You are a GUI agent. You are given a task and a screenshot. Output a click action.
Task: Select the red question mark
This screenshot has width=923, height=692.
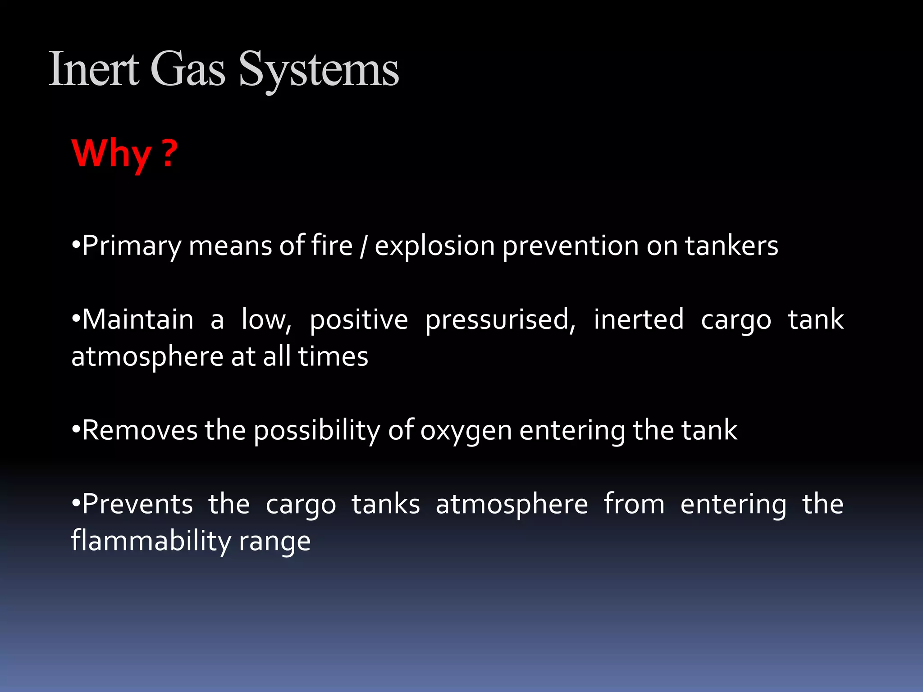click(169, 153)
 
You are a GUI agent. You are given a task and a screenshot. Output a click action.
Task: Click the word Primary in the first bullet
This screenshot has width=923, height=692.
click(131, 246)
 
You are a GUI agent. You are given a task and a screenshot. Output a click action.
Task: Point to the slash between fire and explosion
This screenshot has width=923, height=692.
click(363, 246)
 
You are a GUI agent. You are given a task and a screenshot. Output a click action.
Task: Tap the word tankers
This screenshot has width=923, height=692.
click(731, 246)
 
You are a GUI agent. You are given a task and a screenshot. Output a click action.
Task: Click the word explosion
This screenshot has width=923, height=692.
click(434, 246)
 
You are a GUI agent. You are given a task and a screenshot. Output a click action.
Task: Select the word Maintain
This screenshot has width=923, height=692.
click(137, 320)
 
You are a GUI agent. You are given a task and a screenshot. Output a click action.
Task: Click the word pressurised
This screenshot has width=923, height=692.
click(500, 320)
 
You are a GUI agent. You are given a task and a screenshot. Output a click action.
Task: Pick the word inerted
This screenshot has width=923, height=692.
click(638, 319)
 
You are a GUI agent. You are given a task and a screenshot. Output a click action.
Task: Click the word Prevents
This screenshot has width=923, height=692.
click(137, 504)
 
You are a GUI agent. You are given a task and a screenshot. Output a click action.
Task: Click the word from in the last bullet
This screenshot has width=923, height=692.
click(634, 504)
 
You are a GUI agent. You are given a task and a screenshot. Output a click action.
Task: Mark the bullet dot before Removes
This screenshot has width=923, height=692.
click(76, 431)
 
